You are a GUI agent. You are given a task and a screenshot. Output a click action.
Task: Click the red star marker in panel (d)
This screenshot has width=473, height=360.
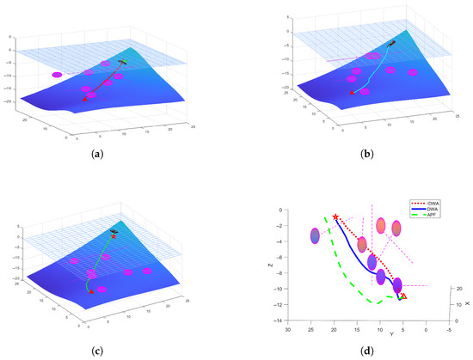(x=335, y=217)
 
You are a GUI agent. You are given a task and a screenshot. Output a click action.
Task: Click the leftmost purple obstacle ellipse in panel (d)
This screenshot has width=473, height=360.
(x=316, y=235)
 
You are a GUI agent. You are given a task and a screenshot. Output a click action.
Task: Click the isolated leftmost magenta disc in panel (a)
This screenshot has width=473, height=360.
(x=57, y=75)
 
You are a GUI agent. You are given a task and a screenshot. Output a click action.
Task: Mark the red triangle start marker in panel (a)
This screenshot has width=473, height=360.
(x=84, y=100)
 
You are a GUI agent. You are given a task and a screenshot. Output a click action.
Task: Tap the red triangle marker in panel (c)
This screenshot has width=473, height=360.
(x=91, y=291)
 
